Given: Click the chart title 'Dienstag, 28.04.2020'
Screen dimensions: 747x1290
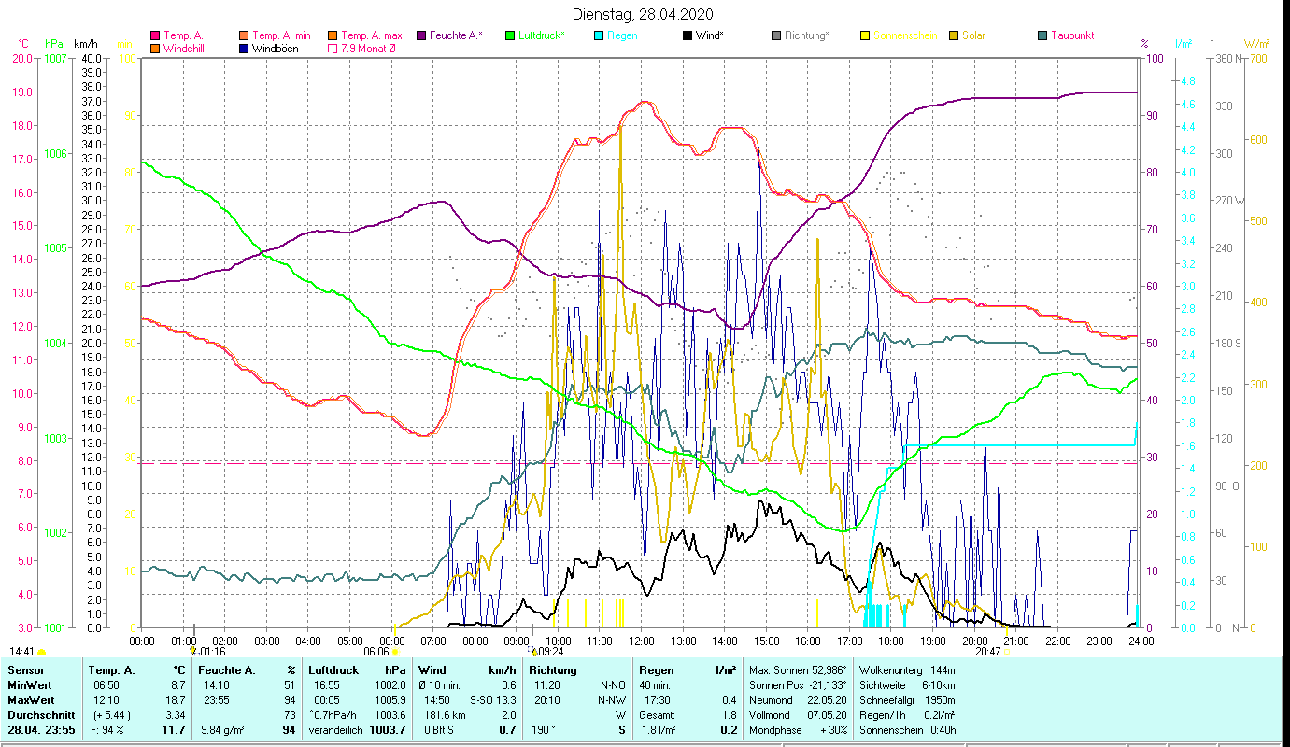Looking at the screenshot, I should [x=644, y=14].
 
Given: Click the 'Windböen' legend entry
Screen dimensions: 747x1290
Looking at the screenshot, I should [x=275, y=48].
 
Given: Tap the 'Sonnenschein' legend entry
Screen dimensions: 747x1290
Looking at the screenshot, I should [x=905, y=35].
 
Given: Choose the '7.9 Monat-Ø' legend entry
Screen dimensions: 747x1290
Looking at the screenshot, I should [x=365, y=48].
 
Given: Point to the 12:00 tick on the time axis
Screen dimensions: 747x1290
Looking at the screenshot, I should [x=642, y=641].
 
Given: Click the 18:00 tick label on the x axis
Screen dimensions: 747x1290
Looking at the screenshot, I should [x=891, y=641].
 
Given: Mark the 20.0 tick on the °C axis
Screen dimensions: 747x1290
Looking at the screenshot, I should [x=22, y=58].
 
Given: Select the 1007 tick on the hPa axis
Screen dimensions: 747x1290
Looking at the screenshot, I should [x=55, y=58].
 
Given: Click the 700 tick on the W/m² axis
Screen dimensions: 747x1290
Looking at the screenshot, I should [x=1257, y=58].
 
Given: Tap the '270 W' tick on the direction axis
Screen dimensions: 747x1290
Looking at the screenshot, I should [x=1227, y=201].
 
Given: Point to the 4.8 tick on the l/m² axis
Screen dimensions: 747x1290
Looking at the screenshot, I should [x=1187, y=81].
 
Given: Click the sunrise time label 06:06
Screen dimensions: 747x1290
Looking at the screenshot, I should [x=376, y=652].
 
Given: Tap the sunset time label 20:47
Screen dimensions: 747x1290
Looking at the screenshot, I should [x=987, y=652].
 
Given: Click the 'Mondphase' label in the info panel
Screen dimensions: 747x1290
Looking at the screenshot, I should [x=775, y=730].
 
